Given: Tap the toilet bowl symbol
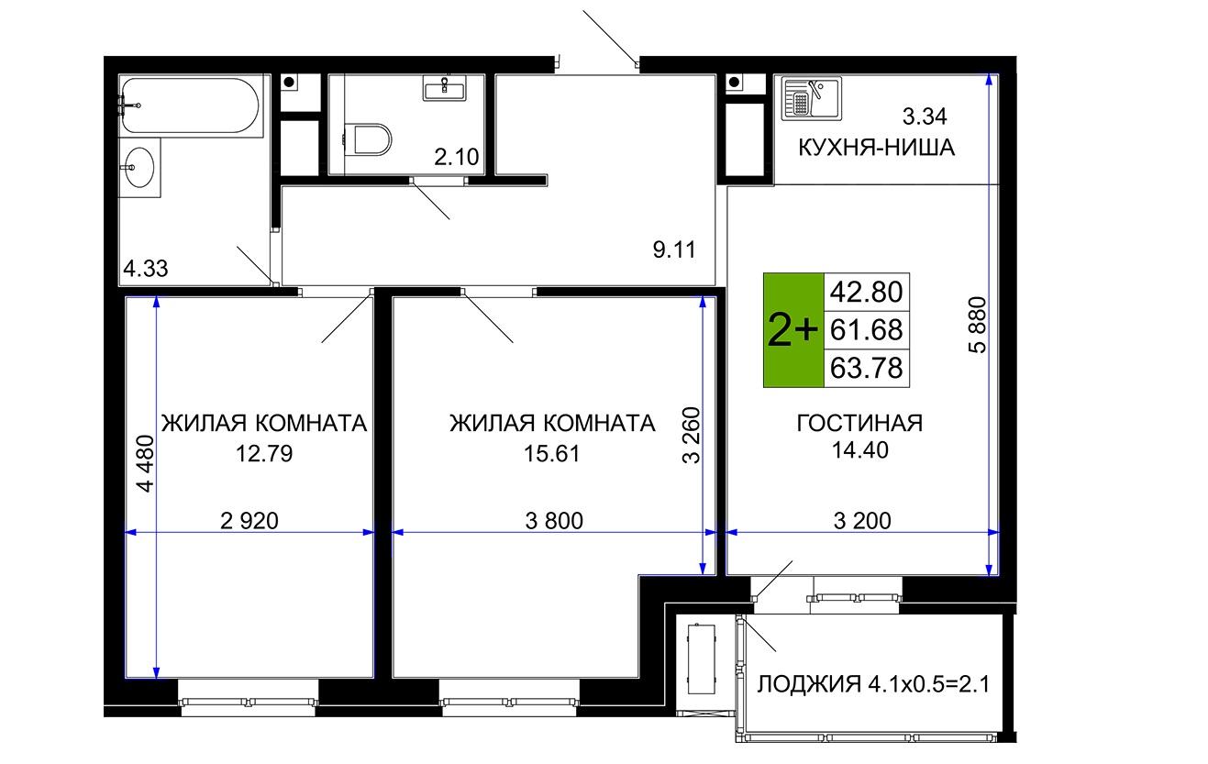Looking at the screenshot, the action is tap(369, 139).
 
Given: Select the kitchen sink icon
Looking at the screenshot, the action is tap(812, 99).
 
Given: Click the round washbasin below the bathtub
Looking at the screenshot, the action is tap(139, 167).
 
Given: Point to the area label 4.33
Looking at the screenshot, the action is tap(146, 268).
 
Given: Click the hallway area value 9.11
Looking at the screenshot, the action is tap(674, 249).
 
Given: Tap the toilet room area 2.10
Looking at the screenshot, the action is tap(456, 157).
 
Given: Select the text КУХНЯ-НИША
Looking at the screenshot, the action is tap(876, 148).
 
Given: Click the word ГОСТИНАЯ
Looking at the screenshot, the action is tap(859, 423).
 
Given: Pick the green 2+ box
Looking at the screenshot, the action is tap(793, 330).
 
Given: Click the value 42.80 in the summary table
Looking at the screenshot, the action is tap(866, 292).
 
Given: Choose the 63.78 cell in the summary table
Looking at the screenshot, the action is tap(866, 369).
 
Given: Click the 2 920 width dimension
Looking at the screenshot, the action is tap(249, 521).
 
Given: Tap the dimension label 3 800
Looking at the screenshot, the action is tap(554, 521).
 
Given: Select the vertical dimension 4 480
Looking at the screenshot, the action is tap(146, 464).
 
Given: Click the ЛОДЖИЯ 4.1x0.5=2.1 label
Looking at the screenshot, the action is tap(873, 684).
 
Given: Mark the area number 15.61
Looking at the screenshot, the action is tap(551, 453).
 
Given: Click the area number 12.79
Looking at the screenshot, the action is tap(264, 453).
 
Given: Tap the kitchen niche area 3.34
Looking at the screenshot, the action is tap(925, 116).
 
